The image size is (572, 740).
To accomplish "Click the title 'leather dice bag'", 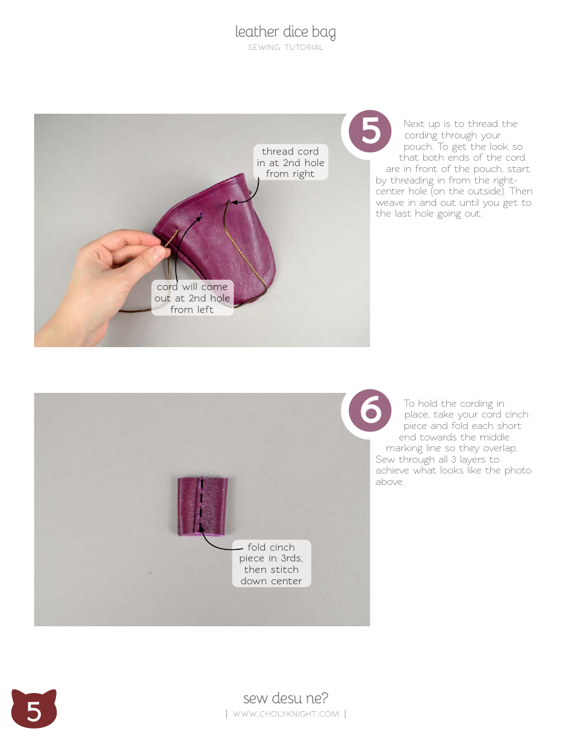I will [x=285, y=32].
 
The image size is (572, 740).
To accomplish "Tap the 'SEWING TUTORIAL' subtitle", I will [x=285, y=48].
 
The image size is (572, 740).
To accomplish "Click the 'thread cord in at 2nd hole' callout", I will [x=290, y=162].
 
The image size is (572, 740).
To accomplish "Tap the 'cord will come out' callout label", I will [x=192, y=298].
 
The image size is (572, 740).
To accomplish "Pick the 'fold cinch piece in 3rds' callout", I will [x=272, y=564].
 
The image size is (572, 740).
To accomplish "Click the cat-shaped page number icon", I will [x=34, y=710].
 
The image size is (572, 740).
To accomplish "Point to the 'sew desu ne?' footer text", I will [x=285, y=698].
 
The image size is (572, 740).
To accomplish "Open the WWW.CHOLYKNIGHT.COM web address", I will [x=285, y=714].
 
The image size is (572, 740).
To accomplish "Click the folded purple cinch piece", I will [x=203, y=506].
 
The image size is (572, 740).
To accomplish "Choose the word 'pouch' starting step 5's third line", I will [x=417, y=147].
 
